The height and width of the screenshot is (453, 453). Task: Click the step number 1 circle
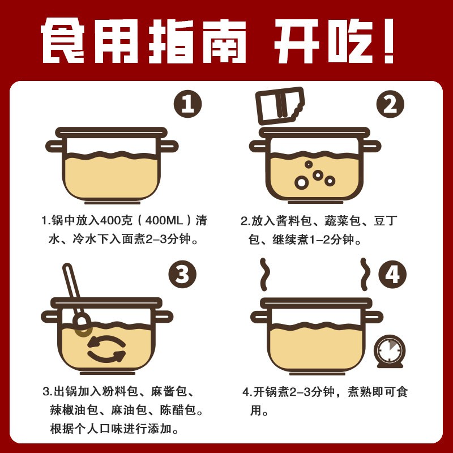click(x=187, y=104)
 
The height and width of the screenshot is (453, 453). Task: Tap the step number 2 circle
click(x=390, y=104)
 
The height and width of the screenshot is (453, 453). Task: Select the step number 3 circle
click(x=182, y=274)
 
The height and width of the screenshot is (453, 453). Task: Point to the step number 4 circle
click(x=392, y=274)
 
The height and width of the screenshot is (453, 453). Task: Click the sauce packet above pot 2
click(x=280, y=105)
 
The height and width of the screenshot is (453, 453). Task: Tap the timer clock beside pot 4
click(x=390, y=351)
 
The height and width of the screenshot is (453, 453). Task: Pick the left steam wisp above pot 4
click(x=264, y=274)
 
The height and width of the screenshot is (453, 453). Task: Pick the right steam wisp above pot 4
click(x=365, y=274)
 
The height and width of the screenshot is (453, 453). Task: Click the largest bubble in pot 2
click(x=301, y=182)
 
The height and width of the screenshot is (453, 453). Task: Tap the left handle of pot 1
click(x=55, y=146)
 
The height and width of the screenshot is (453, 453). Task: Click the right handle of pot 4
click(x=374, y=317)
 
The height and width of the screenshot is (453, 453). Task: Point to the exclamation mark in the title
click(x=388, y=41)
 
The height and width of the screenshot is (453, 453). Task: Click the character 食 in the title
click(x=63, y=41)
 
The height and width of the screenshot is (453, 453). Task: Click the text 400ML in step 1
click(x=164, y=221)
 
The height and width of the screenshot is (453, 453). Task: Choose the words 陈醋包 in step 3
click(x=178, y=411)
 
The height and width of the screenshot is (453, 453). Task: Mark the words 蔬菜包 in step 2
click(x=343, y=221)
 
